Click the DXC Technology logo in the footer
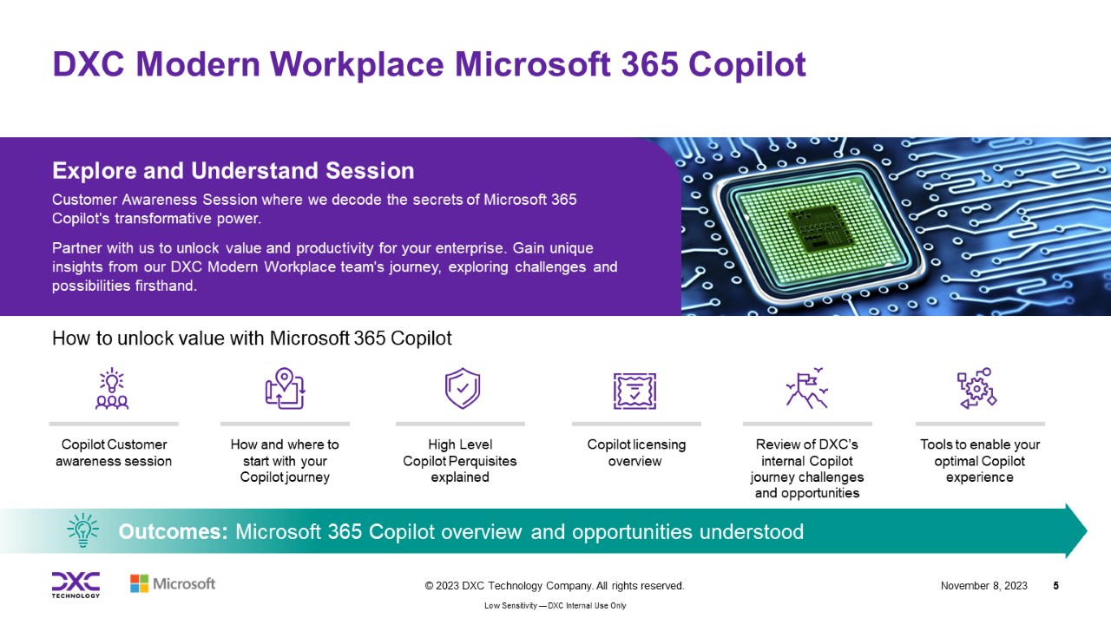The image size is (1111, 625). [x=76, y=585]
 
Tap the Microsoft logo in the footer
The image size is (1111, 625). [x=173, y=584]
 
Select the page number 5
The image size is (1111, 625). [x=1056, y=586]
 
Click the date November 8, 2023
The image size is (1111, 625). [x=984, y=586]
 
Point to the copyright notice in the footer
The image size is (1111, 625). [x=555, y=586]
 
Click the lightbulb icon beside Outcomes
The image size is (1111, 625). [x=82, y=530]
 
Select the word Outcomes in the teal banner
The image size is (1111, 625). [x=173, y=532]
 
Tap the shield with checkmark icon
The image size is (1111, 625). [x=463, y=388]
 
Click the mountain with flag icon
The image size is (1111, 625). [x=807, y=388]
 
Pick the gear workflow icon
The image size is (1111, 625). [x=976, y=388]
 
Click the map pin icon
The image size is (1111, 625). [x=285, y=388]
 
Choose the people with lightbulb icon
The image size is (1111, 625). [x=112, y=388]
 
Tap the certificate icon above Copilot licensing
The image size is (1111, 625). [x=634, y=391]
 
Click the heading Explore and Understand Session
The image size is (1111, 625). [x=233, y=171]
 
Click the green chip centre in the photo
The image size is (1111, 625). [x=821, y=229]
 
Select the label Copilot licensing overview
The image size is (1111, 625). [x=636, y=453]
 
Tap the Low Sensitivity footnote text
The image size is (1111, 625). [x=555, y=606]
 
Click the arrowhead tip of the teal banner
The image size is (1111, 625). [x=1088, y=530]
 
